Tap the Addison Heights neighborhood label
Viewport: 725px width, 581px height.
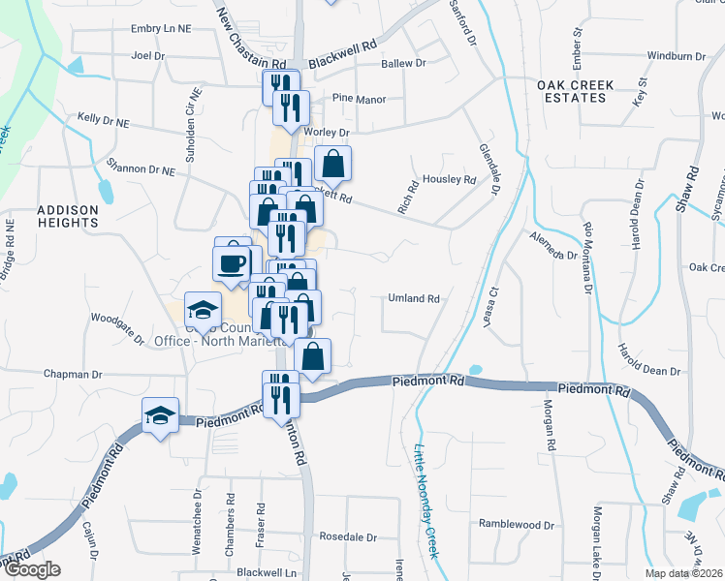tap(68, 215)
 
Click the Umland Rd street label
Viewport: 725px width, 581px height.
tap(415, 298)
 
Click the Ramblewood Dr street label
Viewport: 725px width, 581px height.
tap(516, 524)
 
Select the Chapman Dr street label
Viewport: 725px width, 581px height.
tap(71, 374)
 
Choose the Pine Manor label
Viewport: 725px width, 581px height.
tap(359, 99)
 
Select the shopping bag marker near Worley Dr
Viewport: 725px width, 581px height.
tap(332, 163)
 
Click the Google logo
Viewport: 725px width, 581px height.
tap(31, 569)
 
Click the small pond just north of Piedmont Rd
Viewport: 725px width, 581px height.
tap(475, 369)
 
